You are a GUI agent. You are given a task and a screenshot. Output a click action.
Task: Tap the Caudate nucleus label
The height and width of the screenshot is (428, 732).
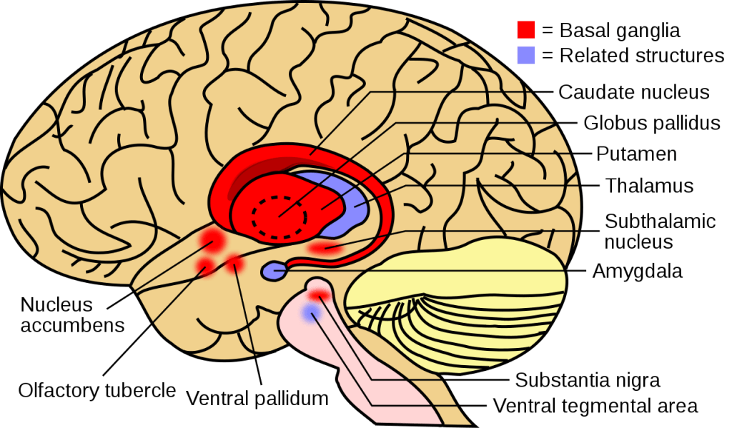(633, 92)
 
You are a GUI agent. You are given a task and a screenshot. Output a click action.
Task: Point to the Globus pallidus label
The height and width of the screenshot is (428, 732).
(651, 123)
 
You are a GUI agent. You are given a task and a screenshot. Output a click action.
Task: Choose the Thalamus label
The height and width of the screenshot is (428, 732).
(649, 185)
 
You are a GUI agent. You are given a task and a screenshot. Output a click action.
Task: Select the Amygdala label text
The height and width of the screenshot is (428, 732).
(637, 272)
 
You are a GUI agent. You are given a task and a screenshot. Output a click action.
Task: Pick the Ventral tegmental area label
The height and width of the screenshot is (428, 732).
(595, 407)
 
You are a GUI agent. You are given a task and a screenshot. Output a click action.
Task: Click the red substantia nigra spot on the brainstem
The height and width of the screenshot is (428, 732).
(320, 294)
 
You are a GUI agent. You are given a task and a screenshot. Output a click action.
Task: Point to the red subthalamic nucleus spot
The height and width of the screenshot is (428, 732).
(326, 249)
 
